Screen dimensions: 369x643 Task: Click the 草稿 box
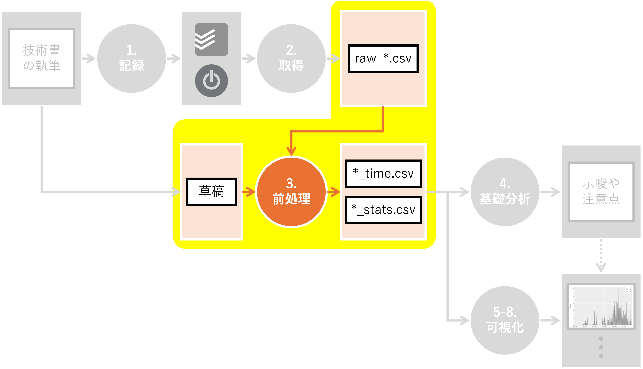pos(212,192)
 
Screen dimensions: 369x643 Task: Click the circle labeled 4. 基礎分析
pos(505,192)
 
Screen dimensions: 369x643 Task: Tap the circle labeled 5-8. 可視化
pos(505,320)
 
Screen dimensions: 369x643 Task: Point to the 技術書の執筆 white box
pos(42,58)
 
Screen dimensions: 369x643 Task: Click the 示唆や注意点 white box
pos(601,192)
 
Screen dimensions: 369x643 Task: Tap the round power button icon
pos(212,81)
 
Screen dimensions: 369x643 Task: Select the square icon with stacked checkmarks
pos(212,40)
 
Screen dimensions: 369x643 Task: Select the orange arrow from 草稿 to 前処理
pos(249,192)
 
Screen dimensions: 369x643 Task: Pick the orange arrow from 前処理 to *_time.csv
pos(334,192)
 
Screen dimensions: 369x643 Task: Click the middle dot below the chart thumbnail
pos(601,347)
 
